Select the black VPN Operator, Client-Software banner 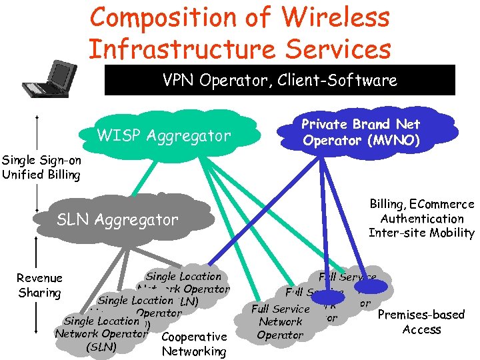coord(280,81)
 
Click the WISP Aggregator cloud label coord(163,137)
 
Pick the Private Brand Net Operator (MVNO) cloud coord(361,132)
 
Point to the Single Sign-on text coord(41,160)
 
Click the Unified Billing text coord(41,175)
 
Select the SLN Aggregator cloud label coord(117,219)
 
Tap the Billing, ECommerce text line coord(421,205)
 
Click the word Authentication coord(421,219)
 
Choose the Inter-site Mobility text coord(421,233)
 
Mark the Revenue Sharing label coord(40,285)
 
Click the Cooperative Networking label coord(194,344)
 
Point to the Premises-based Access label coord(421,322)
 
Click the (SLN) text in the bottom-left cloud coord(101,347)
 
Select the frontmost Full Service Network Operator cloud coord(280,322)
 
